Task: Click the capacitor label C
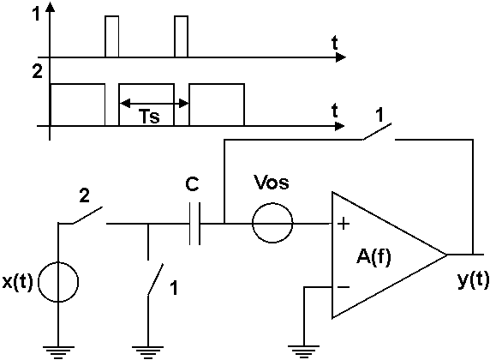[192, 184]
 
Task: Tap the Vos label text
[272, 182]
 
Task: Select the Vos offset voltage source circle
[272, 223]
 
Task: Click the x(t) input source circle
[58, 282]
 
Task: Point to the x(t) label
[17, 282]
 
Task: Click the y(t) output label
[473, 279]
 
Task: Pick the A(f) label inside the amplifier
[373, 258]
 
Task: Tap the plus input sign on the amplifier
[344, 224]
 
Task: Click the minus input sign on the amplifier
[344, 287]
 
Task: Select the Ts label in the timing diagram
[149, 117]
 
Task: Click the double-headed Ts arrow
[154, 103]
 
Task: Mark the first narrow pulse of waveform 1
[112, 36]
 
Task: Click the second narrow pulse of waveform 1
[182, 36]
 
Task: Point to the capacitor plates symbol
[194, 224]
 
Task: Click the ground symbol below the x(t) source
[58, 352]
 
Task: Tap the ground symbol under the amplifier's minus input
[303, 352]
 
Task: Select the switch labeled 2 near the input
[89, 215]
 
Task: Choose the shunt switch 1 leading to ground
[155, 279]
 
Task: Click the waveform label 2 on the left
[37, 72]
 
